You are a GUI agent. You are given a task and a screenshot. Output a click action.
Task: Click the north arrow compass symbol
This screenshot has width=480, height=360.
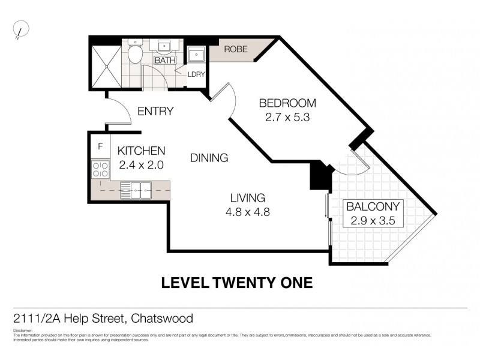pos(21,29)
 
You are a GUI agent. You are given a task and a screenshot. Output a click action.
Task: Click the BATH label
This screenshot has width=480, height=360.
pos(164,61)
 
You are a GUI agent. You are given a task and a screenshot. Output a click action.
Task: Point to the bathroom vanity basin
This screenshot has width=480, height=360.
pos(163,47)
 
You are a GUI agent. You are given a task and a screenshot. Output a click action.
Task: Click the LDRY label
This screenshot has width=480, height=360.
pos(196,74)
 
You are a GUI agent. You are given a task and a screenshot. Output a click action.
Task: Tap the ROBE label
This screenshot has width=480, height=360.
pos(236,49)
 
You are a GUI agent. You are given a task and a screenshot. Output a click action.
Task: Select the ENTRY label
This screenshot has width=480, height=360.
pos(155,111)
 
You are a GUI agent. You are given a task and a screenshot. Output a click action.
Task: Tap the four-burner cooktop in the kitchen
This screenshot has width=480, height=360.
pos(100,170)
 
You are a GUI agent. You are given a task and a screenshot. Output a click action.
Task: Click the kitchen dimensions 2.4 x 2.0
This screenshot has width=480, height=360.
pos(140,163)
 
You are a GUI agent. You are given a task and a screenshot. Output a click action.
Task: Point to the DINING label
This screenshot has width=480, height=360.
pos(209,158)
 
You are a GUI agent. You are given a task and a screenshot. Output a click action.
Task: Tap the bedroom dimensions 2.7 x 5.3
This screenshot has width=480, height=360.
pos(287,118)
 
